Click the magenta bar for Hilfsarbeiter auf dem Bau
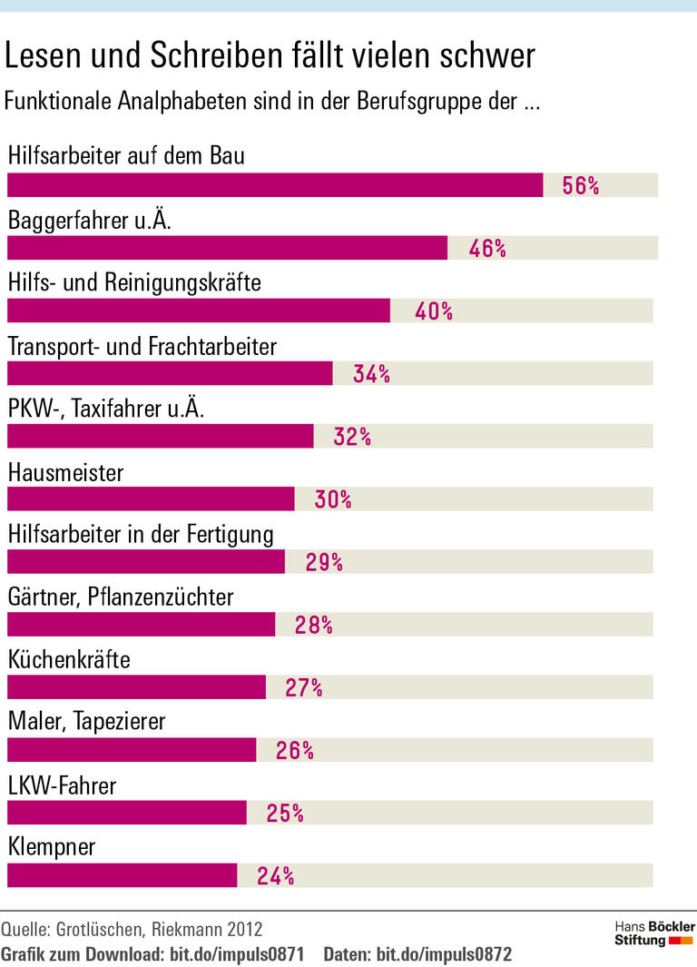[x=275, y=185]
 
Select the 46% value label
[x=487, y=249]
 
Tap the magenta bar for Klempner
[x=122, y=875]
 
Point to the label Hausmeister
[x=65, y=472]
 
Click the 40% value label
[x=433, y=311]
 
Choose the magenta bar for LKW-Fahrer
[x=126, y=813]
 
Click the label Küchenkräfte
[x=69, y=660]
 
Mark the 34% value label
[x=371, y=374]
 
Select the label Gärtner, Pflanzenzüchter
[x=121, y=597]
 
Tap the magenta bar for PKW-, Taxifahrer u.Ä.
[x=160, y=437]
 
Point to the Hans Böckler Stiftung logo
[x=654, y=933]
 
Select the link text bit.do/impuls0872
[x=444, y=954]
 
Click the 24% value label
[x=275, y=876]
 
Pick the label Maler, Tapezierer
[x=86, y=723]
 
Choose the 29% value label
[x=324, y=562]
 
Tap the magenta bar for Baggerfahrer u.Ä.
[x=227, y=248]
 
